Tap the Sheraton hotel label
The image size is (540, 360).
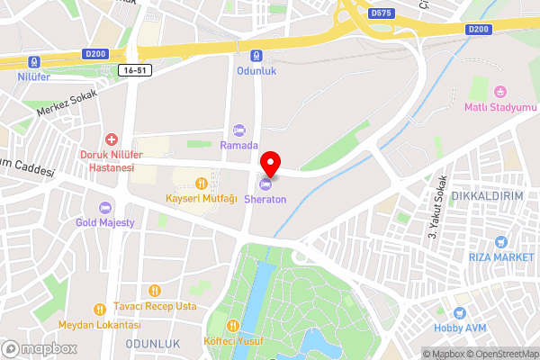click(x=265, y=198)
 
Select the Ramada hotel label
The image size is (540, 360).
click(x=239, y=145)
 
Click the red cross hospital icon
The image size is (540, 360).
click(x=112, y=139)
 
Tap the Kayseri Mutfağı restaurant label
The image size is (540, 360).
click(x=201, y=197)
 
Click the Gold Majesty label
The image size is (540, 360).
click(x=105, y=221)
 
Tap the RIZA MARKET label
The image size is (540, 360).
click(x=501, y=256)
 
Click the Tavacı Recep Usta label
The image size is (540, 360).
click(x=155, y=306)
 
